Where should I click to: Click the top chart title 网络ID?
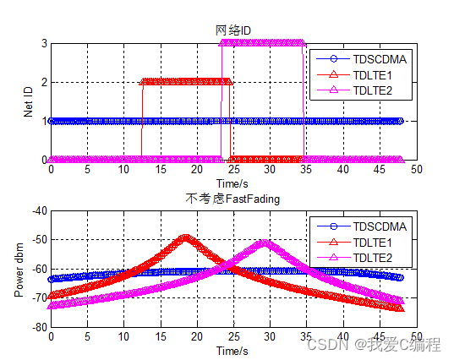pos(233,31)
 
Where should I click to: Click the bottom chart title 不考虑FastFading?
pos(232,199)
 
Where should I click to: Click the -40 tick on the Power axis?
pos(38,210)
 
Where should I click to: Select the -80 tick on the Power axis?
pos(38,326)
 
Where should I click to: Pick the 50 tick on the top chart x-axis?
pos(415,170)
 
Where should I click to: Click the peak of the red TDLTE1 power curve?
pos(184,237)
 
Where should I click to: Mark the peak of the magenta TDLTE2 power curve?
pos(265,243)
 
